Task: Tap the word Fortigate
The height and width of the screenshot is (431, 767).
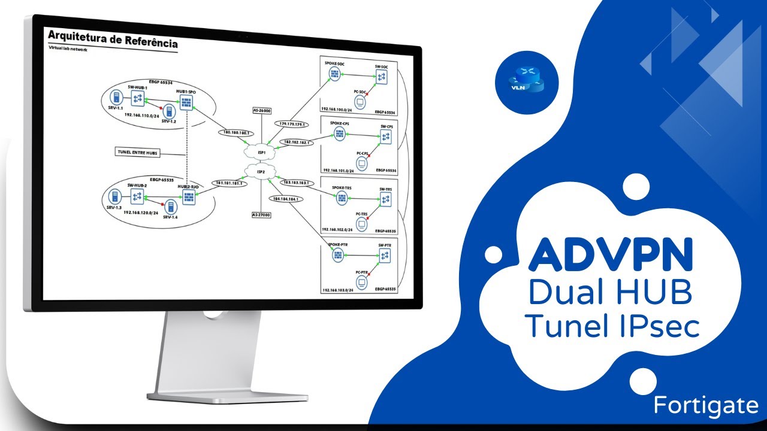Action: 706,405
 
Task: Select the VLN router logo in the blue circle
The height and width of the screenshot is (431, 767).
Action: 527,81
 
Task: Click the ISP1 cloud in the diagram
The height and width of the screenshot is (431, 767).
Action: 261,151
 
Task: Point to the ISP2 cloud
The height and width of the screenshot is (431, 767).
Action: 261,172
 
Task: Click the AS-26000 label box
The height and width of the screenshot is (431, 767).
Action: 261,110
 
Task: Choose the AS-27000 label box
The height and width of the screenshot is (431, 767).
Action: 261,214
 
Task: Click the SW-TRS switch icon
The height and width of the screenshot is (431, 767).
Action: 385,199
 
